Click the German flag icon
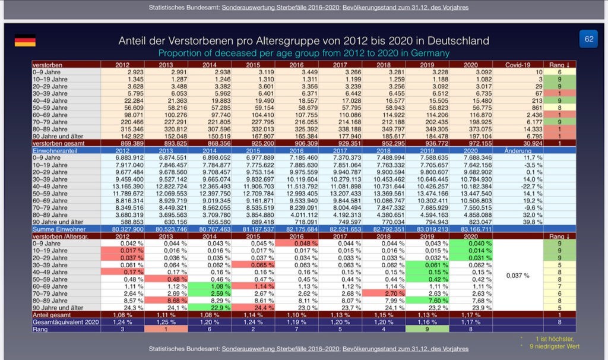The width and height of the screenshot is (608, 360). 25,41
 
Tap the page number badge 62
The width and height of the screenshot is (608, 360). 588,39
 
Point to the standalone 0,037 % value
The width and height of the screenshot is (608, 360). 517,276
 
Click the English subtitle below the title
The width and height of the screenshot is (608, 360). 303,53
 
